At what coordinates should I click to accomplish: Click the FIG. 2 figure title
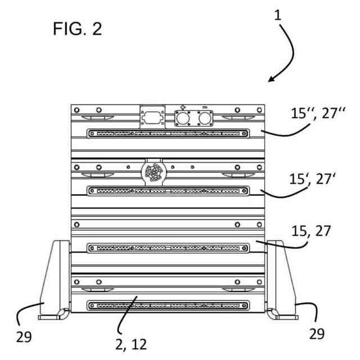pos(78,29)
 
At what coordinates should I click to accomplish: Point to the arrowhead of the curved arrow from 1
pos(271,79)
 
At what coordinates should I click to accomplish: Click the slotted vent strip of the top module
pos(168,134)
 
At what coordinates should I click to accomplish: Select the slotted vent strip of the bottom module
pos(168,305)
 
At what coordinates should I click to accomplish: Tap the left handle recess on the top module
pos(92,118)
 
